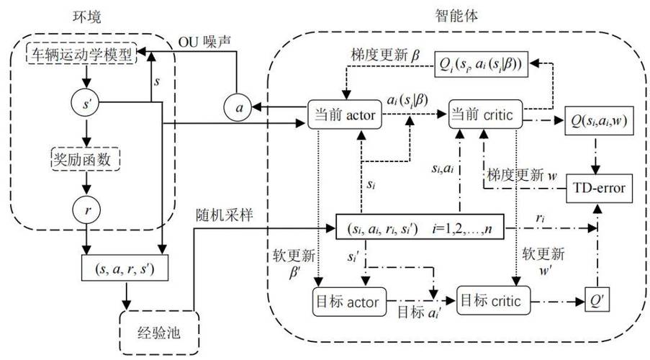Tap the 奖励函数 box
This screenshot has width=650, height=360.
pos(84,160)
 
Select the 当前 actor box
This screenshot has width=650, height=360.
pos(342,116)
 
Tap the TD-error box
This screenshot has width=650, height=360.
pos(597,189)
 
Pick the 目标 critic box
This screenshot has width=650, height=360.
pos(494,298)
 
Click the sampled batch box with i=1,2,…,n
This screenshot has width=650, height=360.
pos(420,230)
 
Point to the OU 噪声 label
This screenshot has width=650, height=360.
pos(205,42)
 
